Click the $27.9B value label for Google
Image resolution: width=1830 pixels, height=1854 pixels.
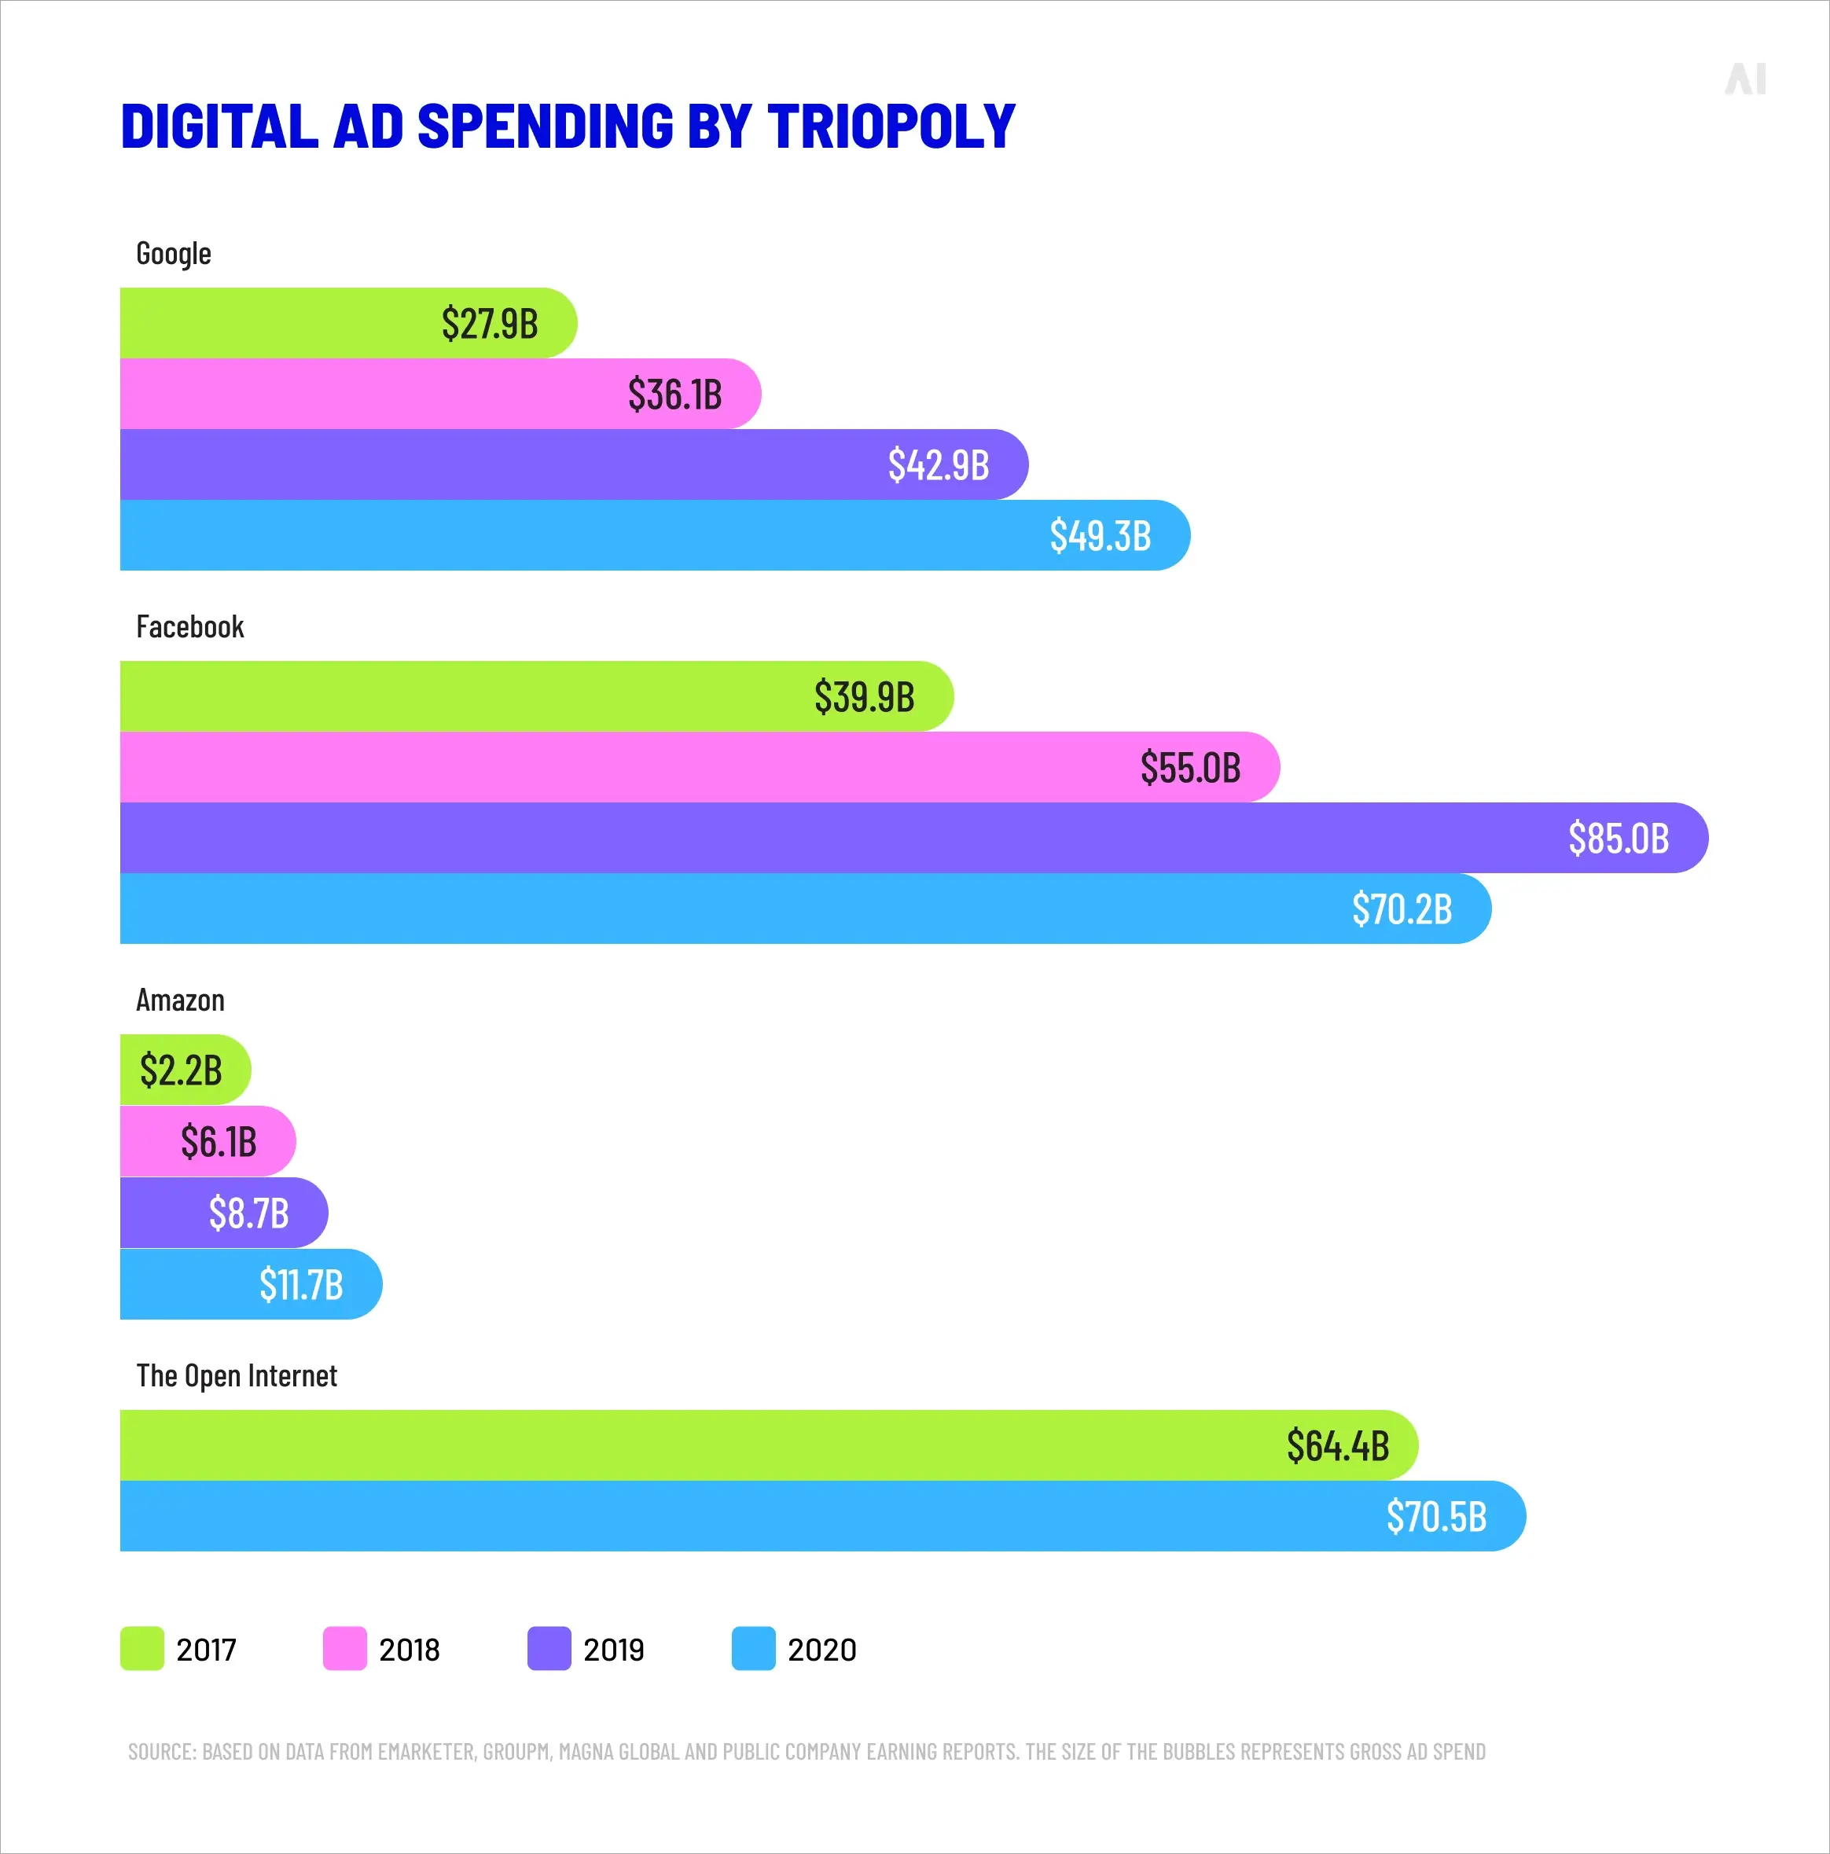click(490, 323)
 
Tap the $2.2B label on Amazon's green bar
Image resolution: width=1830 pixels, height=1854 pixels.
click(181, 1070)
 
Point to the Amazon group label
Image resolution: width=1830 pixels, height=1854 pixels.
click(181, 1000)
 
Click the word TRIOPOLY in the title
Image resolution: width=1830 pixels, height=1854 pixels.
click(891, 126)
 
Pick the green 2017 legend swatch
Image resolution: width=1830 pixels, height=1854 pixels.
click(142, 1649)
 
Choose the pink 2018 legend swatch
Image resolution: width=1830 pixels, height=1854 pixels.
click(344, 1649)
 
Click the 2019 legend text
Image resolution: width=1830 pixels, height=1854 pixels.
click(613, 1650)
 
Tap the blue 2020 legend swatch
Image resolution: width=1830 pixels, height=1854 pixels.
click(753, 1649)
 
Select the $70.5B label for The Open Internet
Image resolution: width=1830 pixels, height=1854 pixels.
click(1435, 1516)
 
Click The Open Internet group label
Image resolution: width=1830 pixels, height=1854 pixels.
click(236, 1375)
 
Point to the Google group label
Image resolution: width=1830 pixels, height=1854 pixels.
click(174, 253)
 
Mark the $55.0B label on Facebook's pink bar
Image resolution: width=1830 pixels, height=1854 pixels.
click(1190, 768)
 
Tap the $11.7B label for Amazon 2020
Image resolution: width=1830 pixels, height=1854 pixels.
click(300, 1284)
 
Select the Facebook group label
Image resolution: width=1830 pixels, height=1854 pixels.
click(190, 626)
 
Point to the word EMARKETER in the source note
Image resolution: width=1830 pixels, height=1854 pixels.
click(426, 1751)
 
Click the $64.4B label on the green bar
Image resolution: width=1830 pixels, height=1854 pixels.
click(1338, 1445)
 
